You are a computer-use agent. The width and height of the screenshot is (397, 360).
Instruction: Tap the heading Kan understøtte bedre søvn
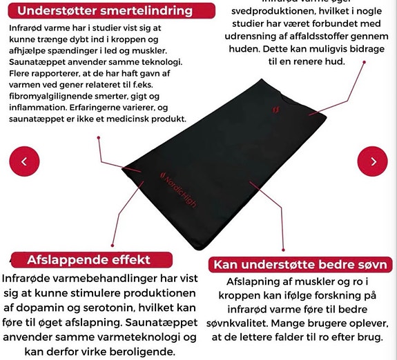tap(302, 266)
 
